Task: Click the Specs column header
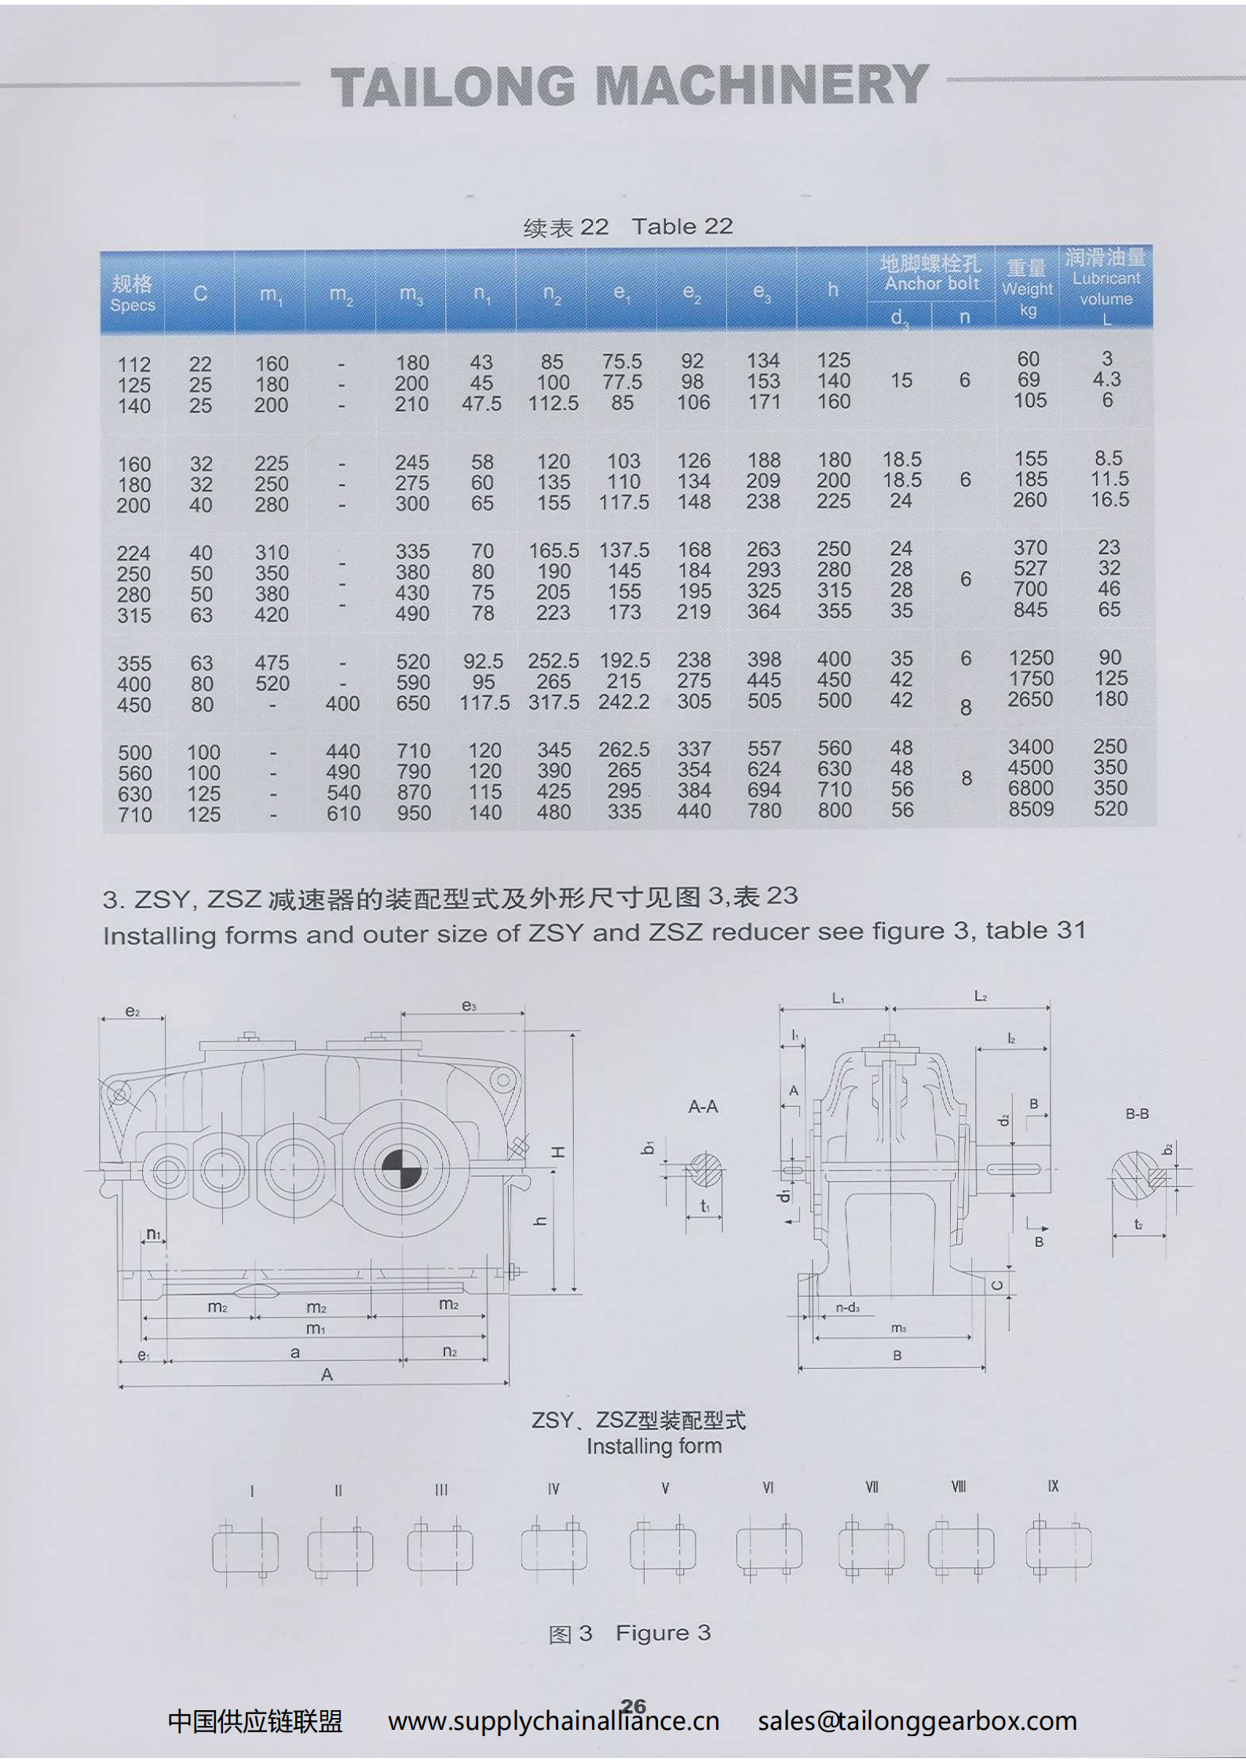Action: tap(132, 294)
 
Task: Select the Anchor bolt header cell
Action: tap(931, 274)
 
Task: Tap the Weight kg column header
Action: tap(1027, 288)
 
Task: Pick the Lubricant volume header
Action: tap(1105, 287)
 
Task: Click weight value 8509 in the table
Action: tap(1031, 809)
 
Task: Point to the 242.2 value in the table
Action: tap(624, 702)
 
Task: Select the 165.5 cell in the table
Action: tap(554, 551)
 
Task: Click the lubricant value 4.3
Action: tap(1107, 380)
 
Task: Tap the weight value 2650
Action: tap(1030, 700)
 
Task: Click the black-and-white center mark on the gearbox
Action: tap(402, 1168)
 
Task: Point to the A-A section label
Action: tap(703, 1107)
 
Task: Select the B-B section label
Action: tap(1137, 1114)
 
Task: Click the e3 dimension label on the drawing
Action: tap(469, 1006)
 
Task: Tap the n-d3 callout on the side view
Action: tap(847, 1308)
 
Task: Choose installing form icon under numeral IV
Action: tap(554, 1549)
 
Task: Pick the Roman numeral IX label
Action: tap(1053, 1487)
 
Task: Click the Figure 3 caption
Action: tap(630, 1633)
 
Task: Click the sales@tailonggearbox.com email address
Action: tap(917, 1721)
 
